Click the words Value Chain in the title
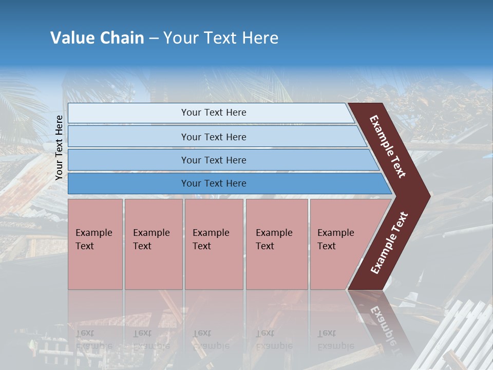point(97,38)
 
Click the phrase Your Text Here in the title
point(221,38)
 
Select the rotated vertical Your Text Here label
point(59,147)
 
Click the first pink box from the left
point(95,244)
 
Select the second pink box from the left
point(154,244)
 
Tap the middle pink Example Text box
point(214,244)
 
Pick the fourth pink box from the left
point(277,244)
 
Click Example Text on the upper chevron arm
point(388,146)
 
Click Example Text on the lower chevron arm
point(389,243)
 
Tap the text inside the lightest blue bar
point(214,113)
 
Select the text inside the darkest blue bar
point(214,183)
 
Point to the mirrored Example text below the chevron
point(383,324)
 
